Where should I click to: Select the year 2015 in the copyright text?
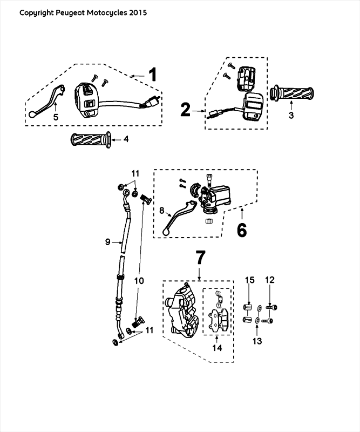coord(137,12)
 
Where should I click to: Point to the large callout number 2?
coord(186,110)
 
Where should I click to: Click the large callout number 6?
coord(242,230)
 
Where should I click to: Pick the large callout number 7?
coord(200,259)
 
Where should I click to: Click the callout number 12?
coord(270,280)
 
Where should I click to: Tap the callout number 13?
coord(256,341)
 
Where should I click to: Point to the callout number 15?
coord(249,280)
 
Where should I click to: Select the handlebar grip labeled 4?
coord(90,139)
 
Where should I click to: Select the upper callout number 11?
coord(135,173)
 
